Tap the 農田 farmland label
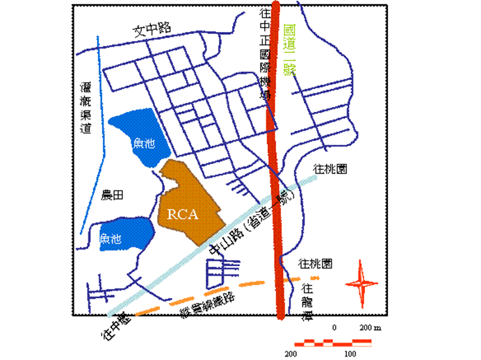pos(112,196)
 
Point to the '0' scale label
pos(335,327)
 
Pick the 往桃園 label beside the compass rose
pos(315,264)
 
